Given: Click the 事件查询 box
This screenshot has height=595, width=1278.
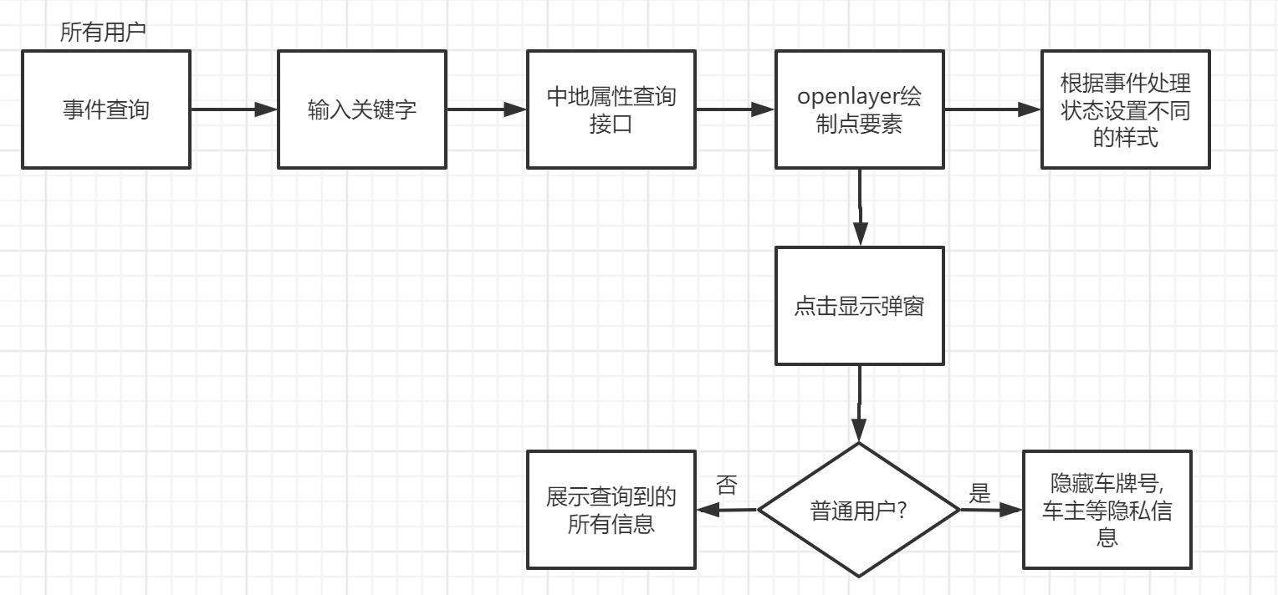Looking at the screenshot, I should pyautogui.click(x=106, y=109).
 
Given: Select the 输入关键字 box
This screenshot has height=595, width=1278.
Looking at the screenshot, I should pyautogui.click(x=362, y=109).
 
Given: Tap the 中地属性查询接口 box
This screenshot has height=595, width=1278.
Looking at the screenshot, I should pyautogui.click(x=611, y=109).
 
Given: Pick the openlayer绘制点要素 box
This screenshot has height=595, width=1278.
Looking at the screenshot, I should pyautogui.click(x=859, y=109).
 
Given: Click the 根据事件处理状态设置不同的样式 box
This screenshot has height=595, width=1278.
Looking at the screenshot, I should pyautogui.click(x=1125, y=109).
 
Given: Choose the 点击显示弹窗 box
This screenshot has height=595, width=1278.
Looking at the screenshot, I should pyautogui.click(x=859, y=306).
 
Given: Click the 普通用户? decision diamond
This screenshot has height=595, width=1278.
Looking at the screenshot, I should pyautogui.click(x=859, y=510).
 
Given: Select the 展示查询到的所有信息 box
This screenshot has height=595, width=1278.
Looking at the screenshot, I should pyautogui.click(x=611, y=510).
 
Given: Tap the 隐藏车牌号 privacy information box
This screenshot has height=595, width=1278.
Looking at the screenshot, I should pyautogui.click(x=1107, y=510).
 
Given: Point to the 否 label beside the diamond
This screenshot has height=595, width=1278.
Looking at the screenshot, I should pyautogui.click(x=727, y=485).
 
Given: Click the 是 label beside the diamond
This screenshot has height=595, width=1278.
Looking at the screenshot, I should pyautogui.click(x=979, y=493).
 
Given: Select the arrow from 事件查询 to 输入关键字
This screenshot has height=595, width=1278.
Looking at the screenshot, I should pyautogui.click(x=234, y=109).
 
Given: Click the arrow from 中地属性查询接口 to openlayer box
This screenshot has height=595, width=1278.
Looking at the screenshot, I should pyautogui.click(x=735, y=109).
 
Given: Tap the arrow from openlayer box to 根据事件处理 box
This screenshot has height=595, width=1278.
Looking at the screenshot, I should pyautogui.click(x=991, y=109).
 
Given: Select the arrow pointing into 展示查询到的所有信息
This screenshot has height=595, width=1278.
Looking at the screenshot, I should pyautogui.click(x=727, y=510).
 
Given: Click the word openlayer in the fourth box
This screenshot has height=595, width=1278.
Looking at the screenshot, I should pyautogui.click(x=846, y=97).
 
